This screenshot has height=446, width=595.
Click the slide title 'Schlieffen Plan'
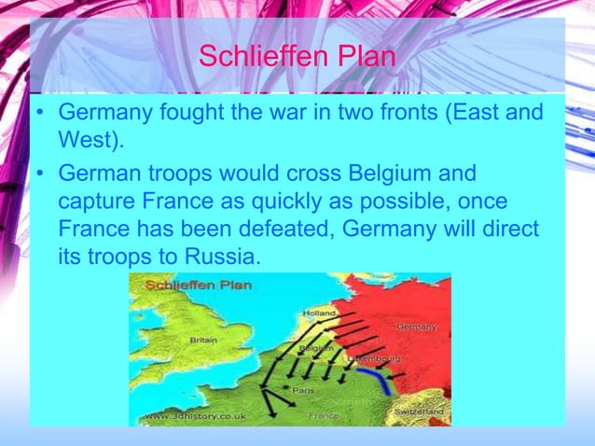click(297, 57)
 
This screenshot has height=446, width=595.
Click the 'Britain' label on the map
click(203, 340)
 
